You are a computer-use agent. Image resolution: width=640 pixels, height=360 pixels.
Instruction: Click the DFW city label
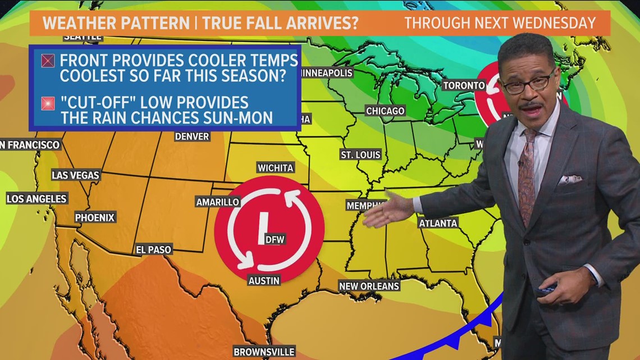[x=275, y=240]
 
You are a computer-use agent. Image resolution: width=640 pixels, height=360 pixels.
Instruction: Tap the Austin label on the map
[x=263, y=280]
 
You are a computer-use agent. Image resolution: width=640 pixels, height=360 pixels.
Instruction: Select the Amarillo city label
[x=218, y=202]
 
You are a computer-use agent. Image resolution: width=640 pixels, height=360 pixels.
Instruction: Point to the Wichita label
[x=275, y=167]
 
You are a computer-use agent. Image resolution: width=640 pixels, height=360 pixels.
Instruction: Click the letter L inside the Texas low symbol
[x=259, y=230]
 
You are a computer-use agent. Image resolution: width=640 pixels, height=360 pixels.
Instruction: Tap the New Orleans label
[x=369, y=286]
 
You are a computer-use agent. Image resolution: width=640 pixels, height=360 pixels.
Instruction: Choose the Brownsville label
[x=263, y=352]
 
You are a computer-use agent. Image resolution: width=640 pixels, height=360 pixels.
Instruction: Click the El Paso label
[x=153, y=249]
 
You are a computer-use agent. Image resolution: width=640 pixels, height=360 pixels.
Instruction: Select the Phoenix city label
[x=95, y=217]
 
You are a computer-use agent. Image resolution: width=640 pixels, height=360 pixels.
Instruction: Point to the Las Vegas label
[x=75, y=175]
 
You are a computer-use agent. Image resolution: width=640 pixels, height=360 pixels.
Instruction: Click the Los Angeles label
[x=36, y=199]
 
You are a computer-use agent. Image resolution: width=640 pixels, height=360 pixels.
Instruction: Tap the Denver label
[x=192, y=136]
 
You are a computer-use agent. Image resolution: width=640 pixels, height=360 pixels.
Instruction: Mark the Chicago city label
[x=385, y=111]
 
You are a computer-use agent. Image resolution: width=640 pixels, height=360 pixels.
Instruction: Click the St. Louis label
[x=360, y=154]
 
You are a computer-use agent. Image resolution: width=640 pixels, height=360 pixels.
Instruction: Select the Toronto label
[x=463, y=85]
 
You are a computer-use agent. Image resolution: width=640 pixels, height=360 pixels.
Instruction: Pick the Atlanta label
[x=438, y=223]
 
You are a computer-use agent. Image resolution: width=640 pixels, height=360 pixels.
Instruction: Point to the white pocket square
[x=570, y=180]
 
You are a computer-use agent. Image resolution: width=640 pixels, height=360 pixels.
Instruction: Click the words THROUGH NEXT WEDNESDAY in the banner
[x=500, y=23]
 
